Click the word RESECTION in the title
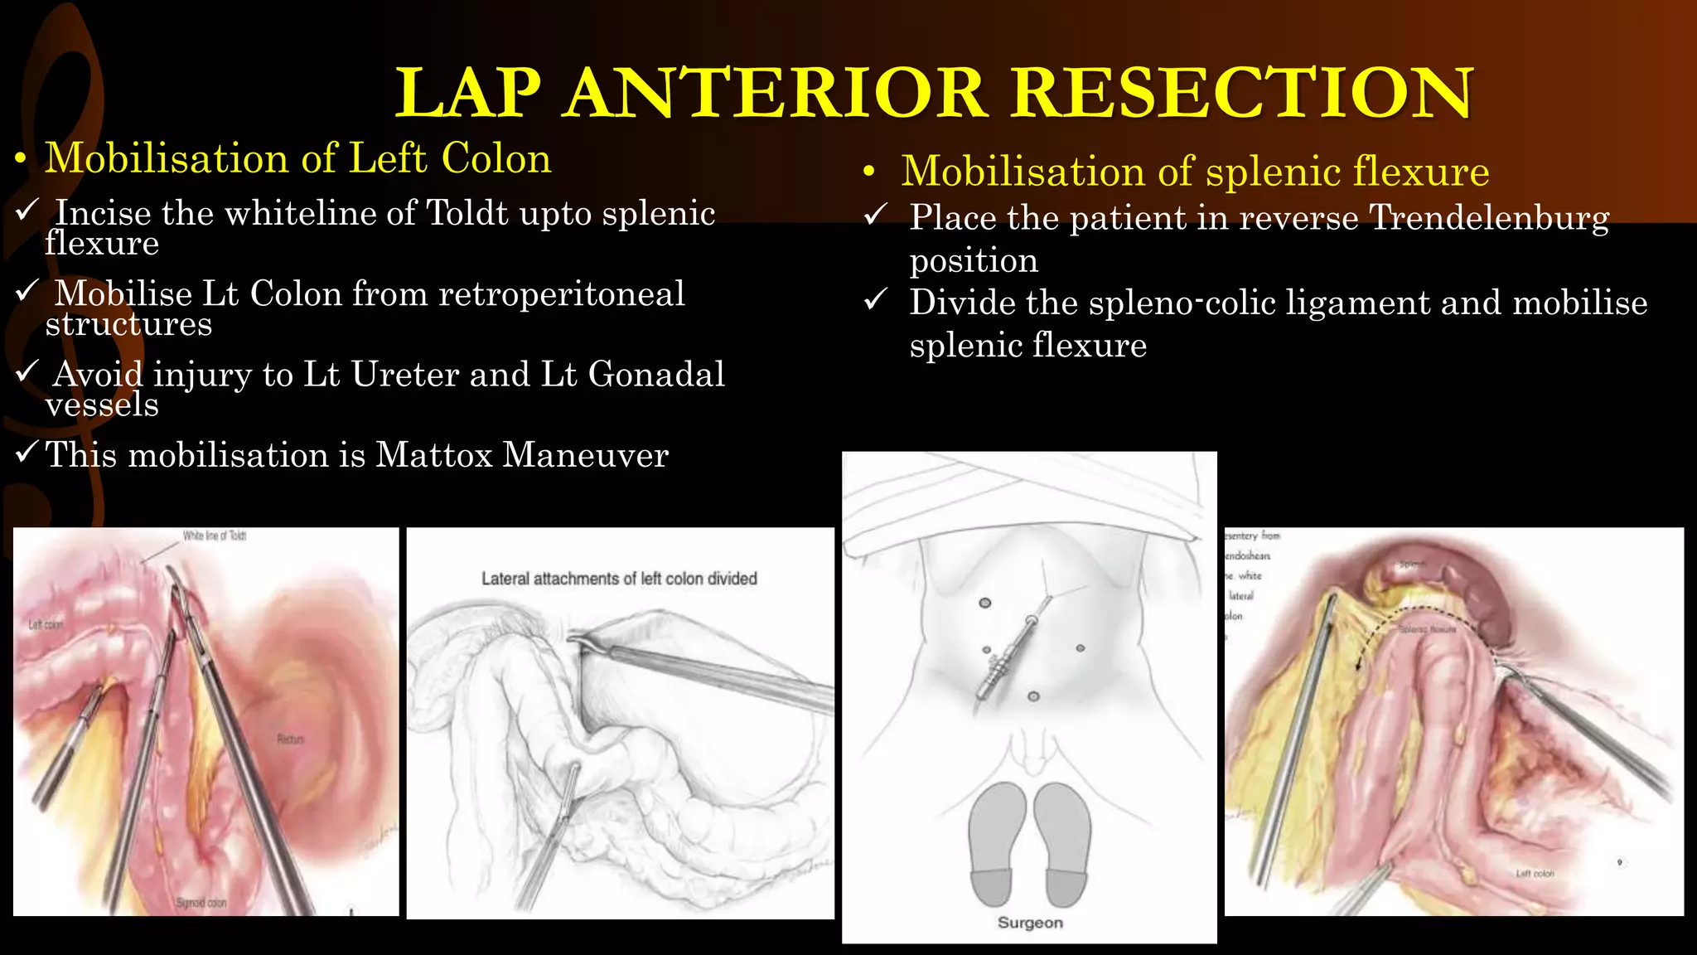[1242, 93]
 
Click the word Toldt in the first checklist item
[467, 214]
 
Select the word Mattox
[434, 455]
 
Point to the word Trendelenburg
[1489, 218]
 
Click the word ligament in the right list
[1359, 303]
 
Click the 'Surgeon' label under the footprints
[1030, 923]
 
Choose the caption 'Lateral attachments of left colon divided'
[619, 579]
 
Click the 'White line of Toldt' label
[215, 536]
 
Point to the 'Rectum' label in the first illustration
[291, 739]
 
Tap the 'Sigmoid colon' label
[201, 903]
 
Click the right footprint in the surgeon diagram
[1063, 846]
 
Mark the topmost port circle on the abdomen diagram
[985, 603]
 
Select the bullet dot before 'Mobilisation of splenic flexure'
[868, 172]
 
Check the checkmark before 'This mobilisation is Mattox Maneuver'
[27, 453]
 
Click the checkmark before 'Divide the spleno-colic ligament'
[876, 300]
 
